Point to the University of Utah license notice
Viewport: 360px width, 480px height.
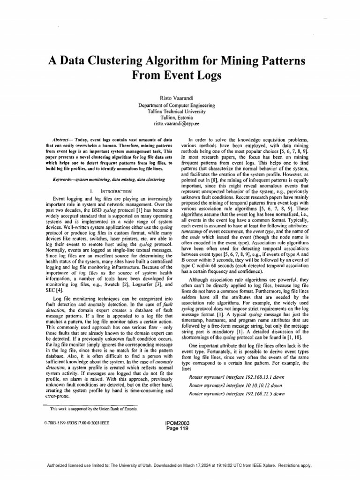pos(180,465)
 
